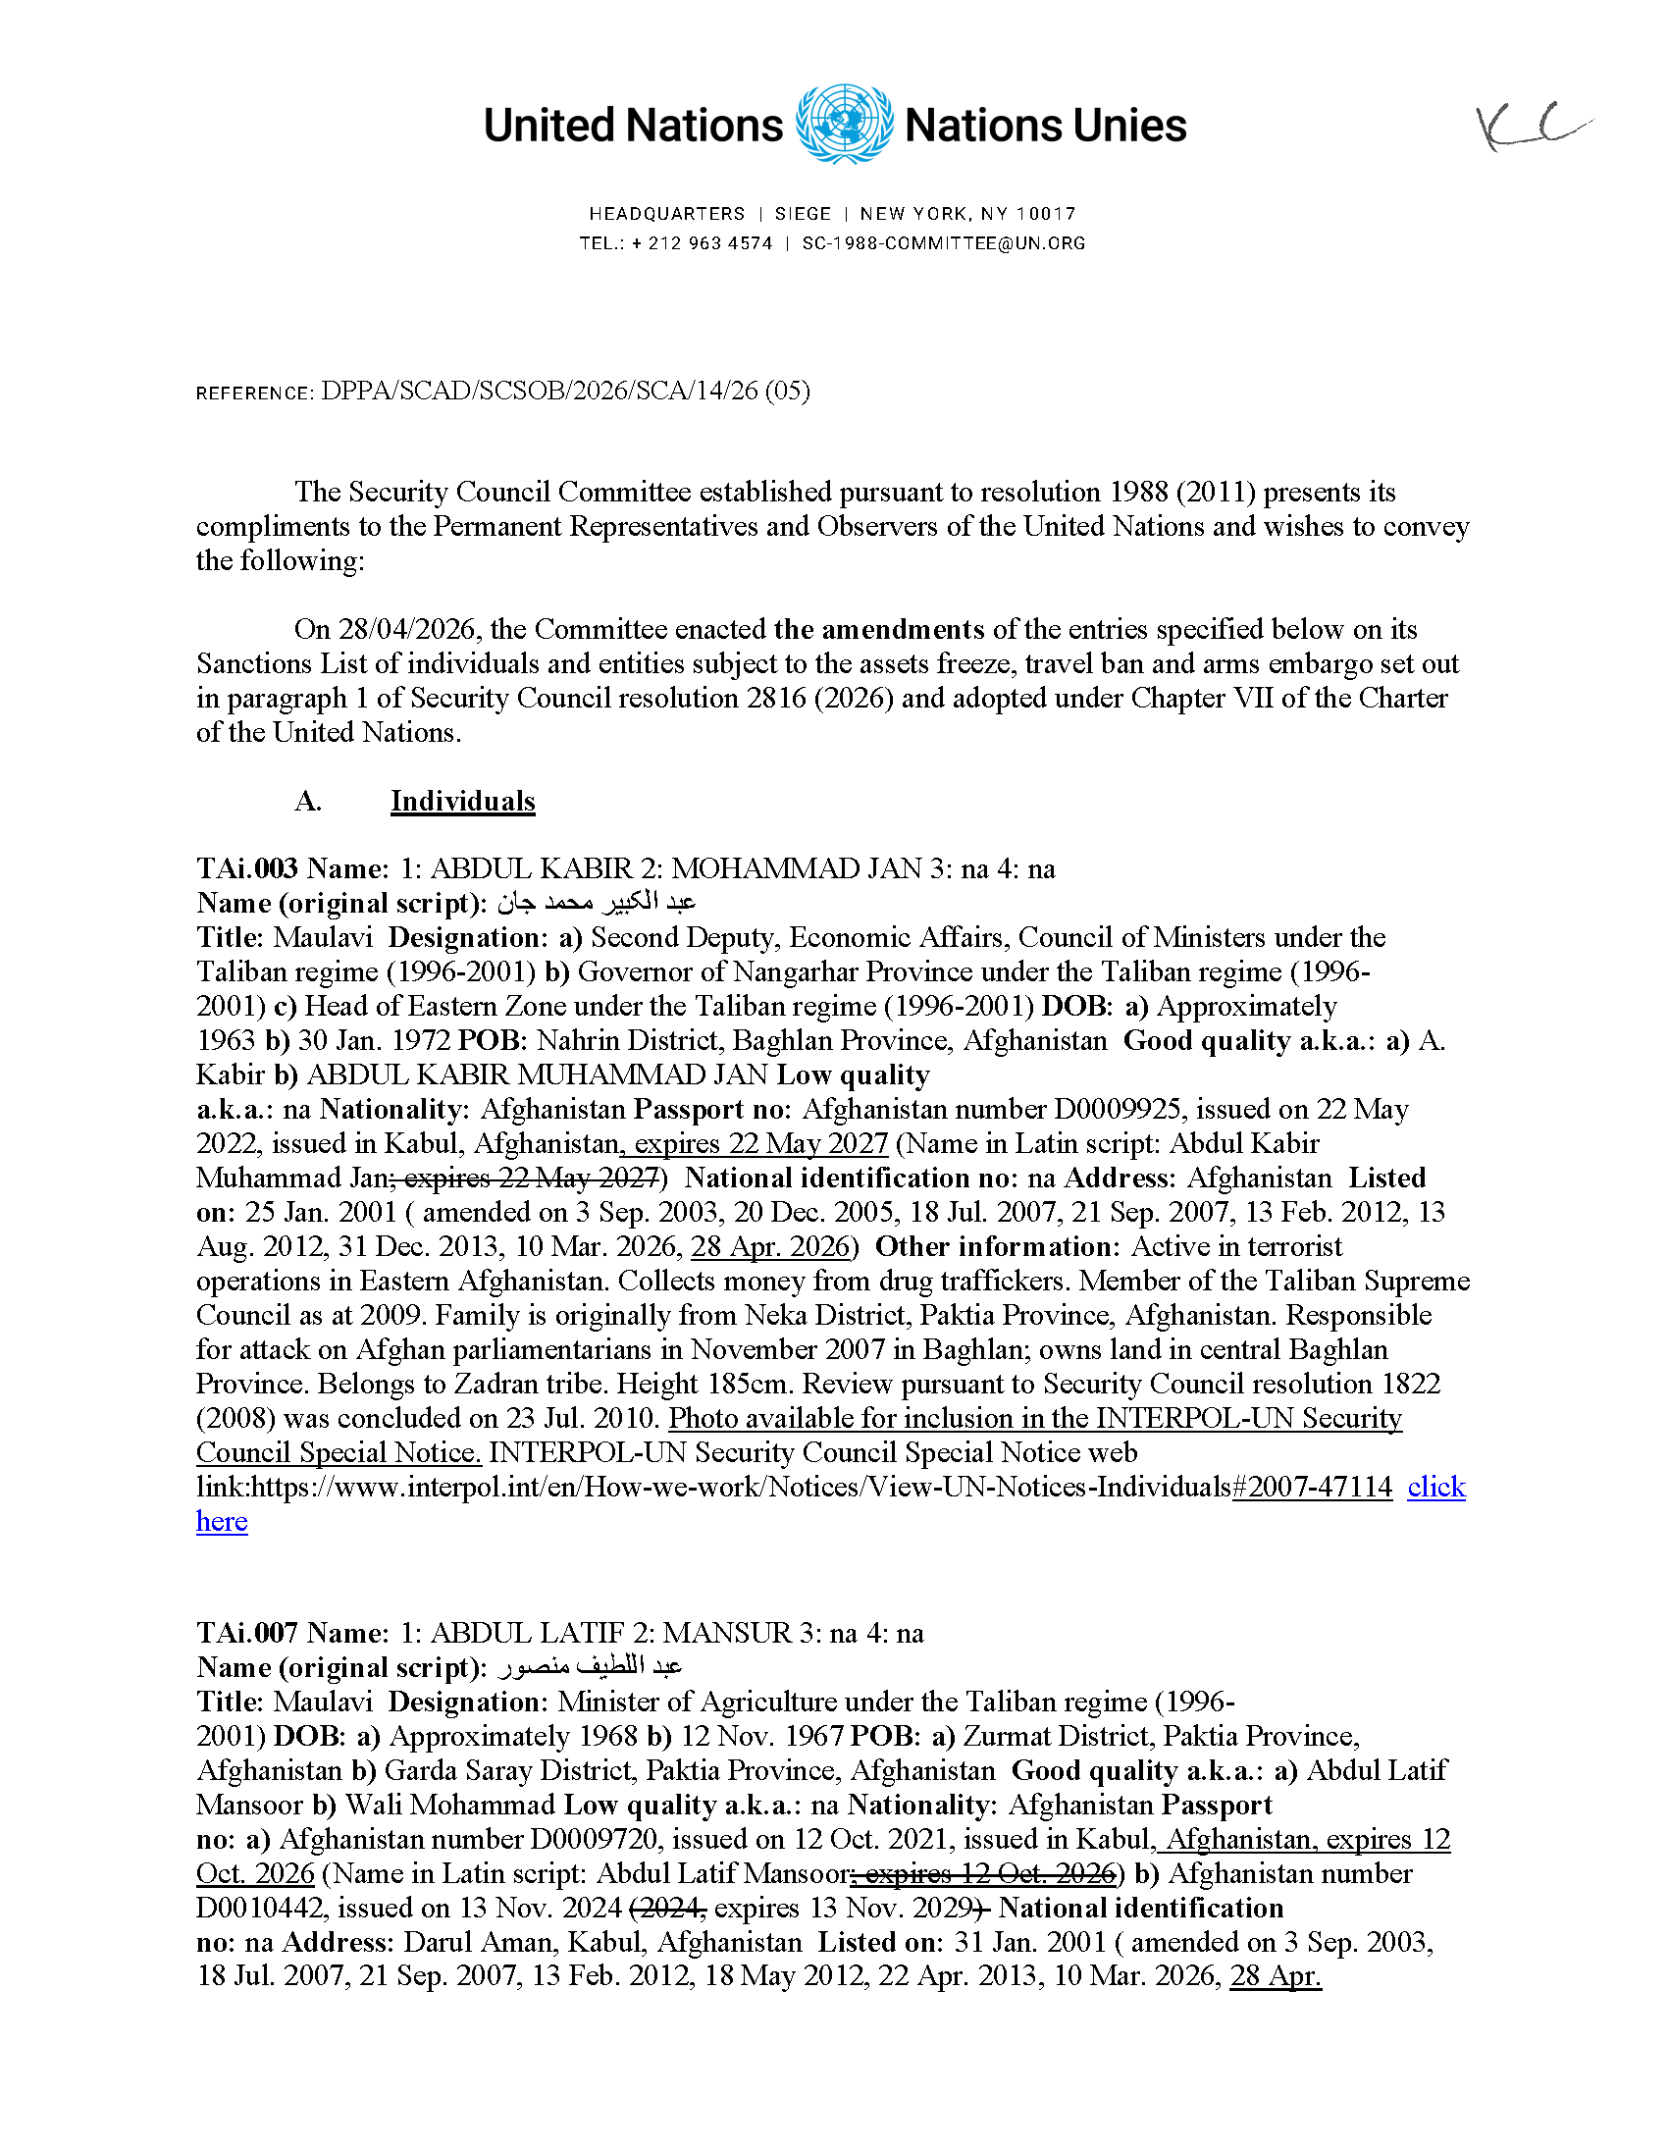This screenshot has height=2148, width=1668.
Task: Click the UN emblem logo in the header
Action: click(844, 125)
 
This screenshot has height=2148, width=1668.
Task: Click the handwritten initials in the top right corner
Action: click(1532, 128)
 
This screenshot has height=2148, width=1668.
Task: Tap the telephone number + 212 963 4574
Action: click(702, 244)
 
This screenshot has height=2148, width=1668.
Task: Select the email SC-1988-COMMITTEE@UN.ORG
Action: click(943, 244)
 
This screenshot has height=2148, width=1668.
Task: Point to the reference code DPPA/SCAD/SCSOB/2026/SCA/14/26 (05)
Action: click(564, 392)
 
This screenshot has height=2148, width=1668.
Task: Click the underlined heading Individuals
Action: click(462, 802)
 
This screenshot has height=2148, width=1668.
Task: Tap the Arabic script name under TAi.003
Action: click(596, 903)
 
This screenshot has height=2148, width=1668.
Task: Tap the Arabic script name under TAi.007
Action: click(589, 1667)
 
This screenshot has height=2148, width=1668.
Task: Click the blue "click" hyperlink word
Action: click(1435, 1487)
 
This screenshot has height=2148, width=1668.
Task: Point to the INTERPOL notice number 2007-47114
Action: click(1313, 1487)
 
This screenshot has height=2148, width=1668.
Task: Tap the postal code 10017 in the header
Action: click(1047, 214)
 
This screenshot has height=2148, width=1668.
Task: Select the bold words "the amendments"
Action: click(878, 629)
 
